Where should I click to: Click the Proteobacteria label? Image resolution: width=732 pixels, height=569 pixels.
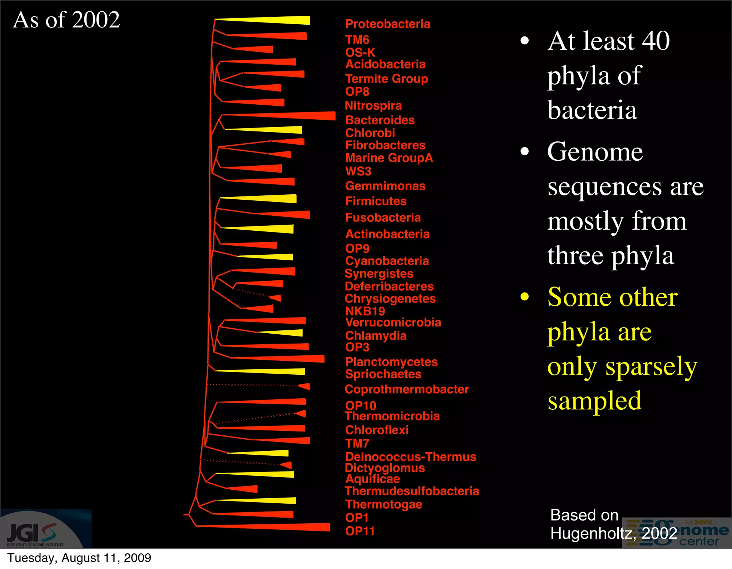(387, 24)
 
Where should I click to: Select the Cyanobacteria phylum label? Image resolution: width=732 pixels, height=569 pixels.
(387, 261)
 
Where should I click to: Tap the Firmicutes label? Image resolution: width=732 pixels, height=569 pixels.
(376, 201)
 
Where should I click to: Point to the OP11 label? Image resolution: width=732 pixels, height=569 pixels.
(360, 531)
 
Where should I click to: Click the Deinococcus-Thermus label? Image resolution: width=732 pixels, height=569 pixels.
(410, 457)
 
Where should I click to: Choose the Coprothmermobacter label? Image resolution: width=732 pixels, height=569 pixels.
(406, 389)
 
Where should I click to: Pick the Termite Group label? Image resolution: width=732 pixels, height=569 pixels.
(386, 79)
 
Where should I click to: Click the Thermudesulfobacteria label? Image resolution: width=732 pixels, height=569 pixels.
(412, 491)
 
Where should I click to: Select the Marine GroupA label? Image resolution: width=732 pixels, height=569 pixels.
(389, 158)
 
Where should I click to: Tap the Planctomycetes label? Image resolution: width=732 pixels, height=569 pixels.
(391, 362)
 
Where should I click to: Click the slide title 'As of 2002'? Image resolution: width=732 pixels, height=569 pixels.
(66, 20)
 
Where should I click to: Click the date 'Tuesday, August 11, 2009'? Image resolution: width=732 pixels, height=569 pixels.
(79, 558)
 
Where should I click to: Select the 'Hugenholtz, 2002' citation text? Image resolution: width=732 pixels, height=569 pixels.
(613, 534)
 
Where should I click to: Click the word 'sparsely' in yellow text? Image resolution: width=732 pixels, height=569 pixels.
(651, 367)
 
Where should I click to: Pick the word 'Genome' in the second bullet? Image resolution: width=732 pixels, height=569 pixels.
(595, 152)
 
